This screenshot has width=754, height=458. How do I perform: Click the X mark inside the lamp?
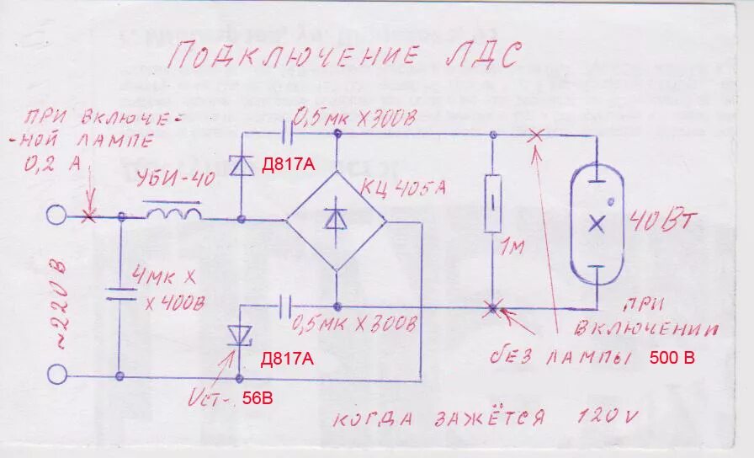point(597,223)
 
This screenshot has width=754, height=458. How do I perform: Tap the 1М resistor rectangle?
point(494,203)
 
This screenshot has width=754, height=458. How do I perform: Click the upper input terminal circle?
point(56,215)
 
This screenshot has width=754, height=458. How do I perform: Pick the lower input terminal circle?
point(56,373)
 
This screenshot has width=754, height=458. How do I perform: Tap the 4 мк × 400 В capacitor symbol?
point(120,294)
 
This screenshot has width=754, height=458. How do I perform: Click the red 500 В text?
point(672,358)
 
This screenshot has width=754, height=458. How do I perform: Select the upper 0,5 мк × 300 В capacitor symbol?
point(288,132)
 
